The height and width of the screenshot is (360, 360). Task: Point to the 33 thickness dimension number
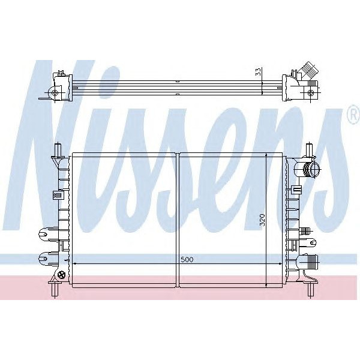tap(258, 72)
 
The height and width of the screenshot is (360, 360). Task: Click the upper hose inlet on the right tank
tap(310, 169)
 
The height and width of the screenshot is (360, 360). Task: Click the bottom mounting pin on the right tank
tap(312, 290)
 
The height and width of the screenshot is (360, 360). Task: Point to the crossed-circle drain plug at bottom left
tap(61, 275)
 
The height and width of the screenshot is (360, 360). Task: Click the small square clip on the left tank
tap(58, 194)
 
